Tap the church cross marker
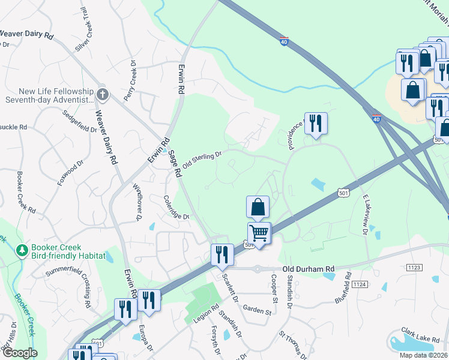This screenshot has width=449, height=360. [103, 94]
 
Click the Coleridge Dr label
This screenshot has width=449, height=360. [177, 208]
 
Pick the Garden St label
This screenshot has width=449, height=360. [258, 309]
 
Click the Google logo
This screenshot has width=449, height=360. [19, 353]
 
